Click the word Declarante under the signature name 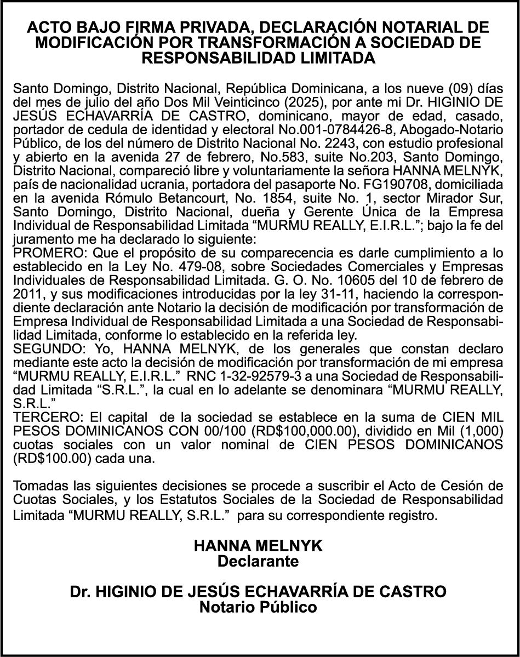(258, 561)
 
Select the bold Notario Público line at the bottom (258, 607)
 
